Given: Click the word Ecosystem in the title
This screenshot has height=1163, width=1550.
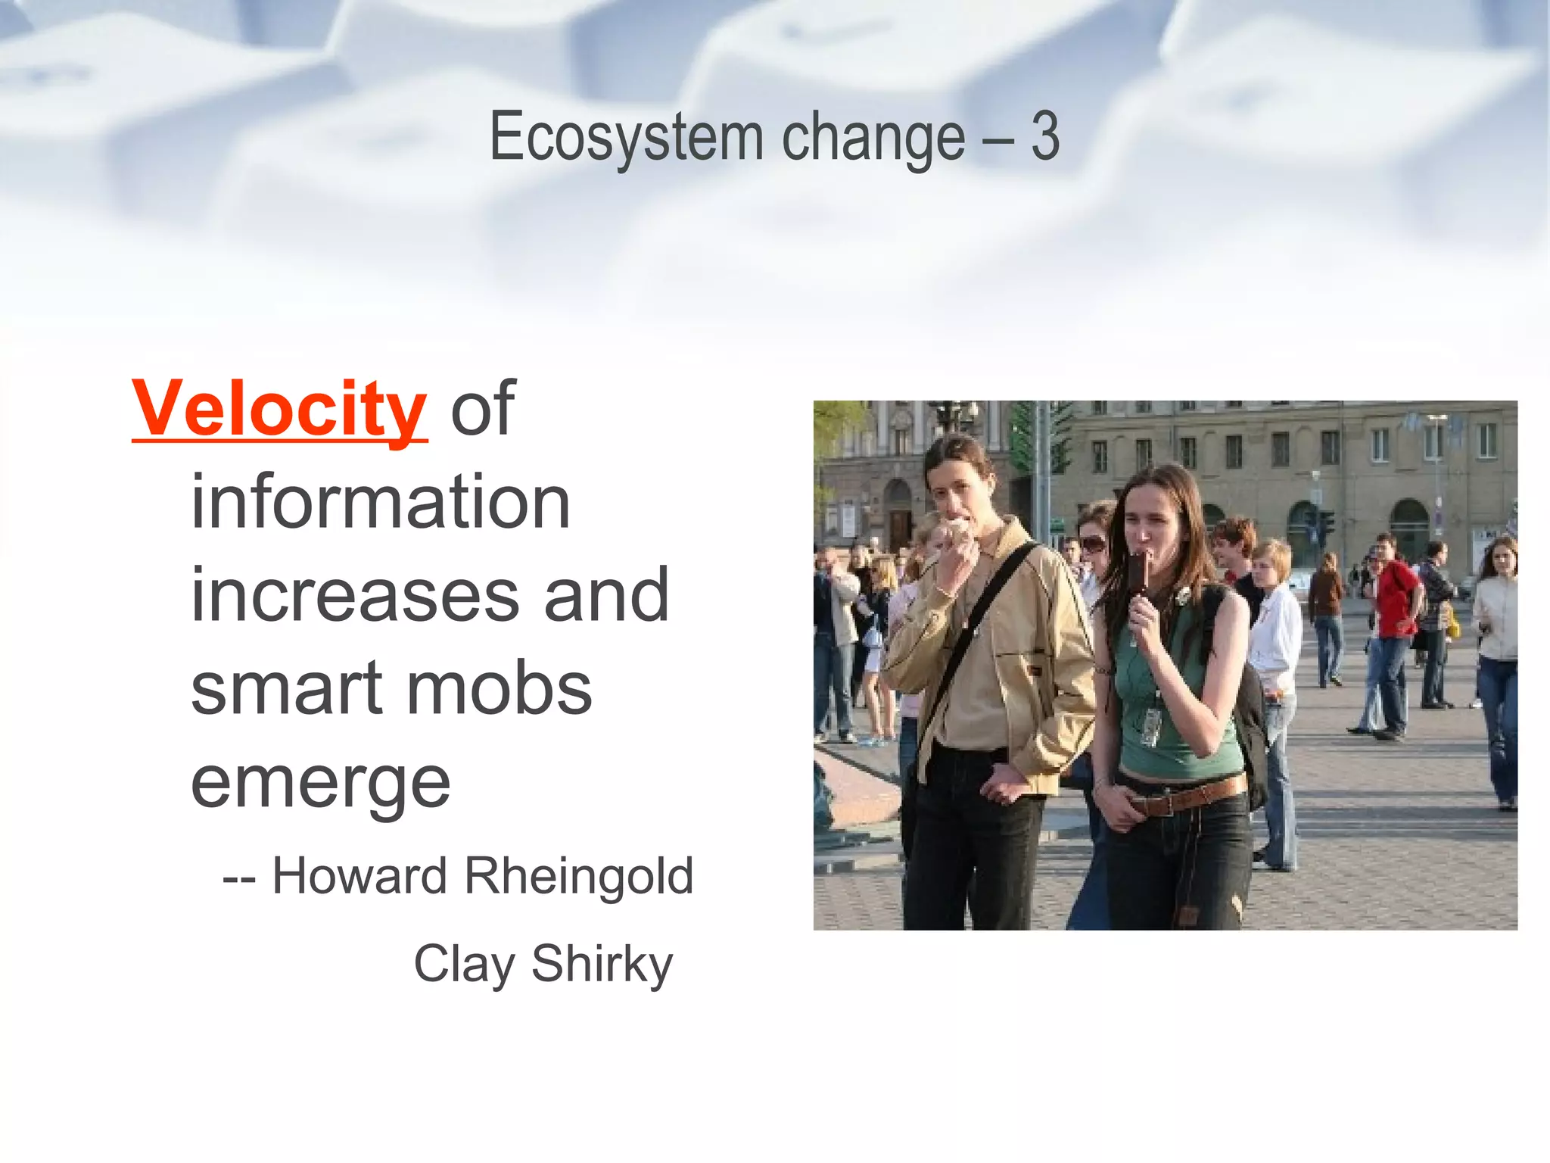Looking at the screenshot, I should click(626, 138).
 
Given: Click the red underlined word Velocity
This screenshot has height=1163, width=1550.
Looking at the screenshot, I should click(279, 409).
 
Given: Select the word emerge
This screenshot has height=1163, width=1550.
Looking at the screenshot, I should click(321, 784).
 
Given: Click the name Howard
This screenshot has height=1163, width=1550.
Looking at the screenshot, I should click(359, 876).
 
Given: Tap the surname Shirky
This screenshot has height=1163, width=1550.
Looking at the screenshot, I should click(602, 965).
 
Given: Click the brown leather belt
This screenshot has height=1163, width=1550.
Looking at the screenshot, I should click(1190, 797).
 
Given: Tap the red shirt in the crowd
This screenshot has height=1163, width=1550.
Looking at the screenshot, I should click(1396, 598).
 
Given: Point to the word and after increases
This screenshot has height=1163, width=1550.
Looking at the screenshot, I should click(606, 595).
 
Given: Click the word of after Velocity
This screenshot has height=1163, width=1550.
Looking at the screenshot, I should click(483, 409).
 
